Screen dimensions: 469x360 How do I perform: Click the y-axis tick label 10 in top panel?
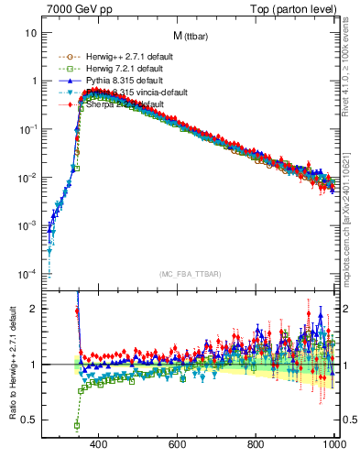[x=30, y=33]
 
